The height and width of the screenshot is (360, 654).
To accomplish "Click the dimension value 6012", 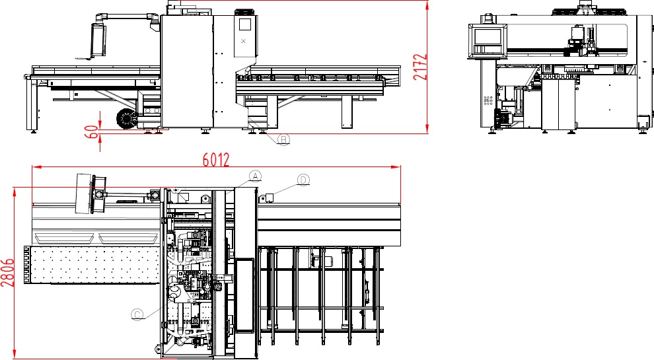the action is tap(216, 160).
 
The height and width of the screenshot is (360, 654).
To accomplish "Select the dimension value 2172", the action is tap(420, 67).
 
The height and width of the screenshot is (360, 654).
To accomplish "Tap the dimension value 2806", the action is tap(7, 272).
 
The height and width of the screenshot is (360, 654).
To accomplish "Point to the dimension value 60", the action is tap(92, 132).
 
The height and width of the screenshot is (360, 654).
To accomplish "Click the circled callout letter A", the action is tap(255, 176).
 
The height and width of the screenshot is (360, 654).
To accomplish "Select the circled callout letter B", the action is tap(283, 139).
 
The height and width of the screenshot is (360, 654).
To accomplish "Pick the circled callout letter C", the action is tap(137, 314).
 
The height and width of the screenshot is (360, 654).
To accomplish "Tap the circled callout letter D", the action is tap(304, 180).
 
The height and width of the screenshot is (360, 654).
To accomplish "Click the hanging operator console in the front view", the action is tap(98, 40).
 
